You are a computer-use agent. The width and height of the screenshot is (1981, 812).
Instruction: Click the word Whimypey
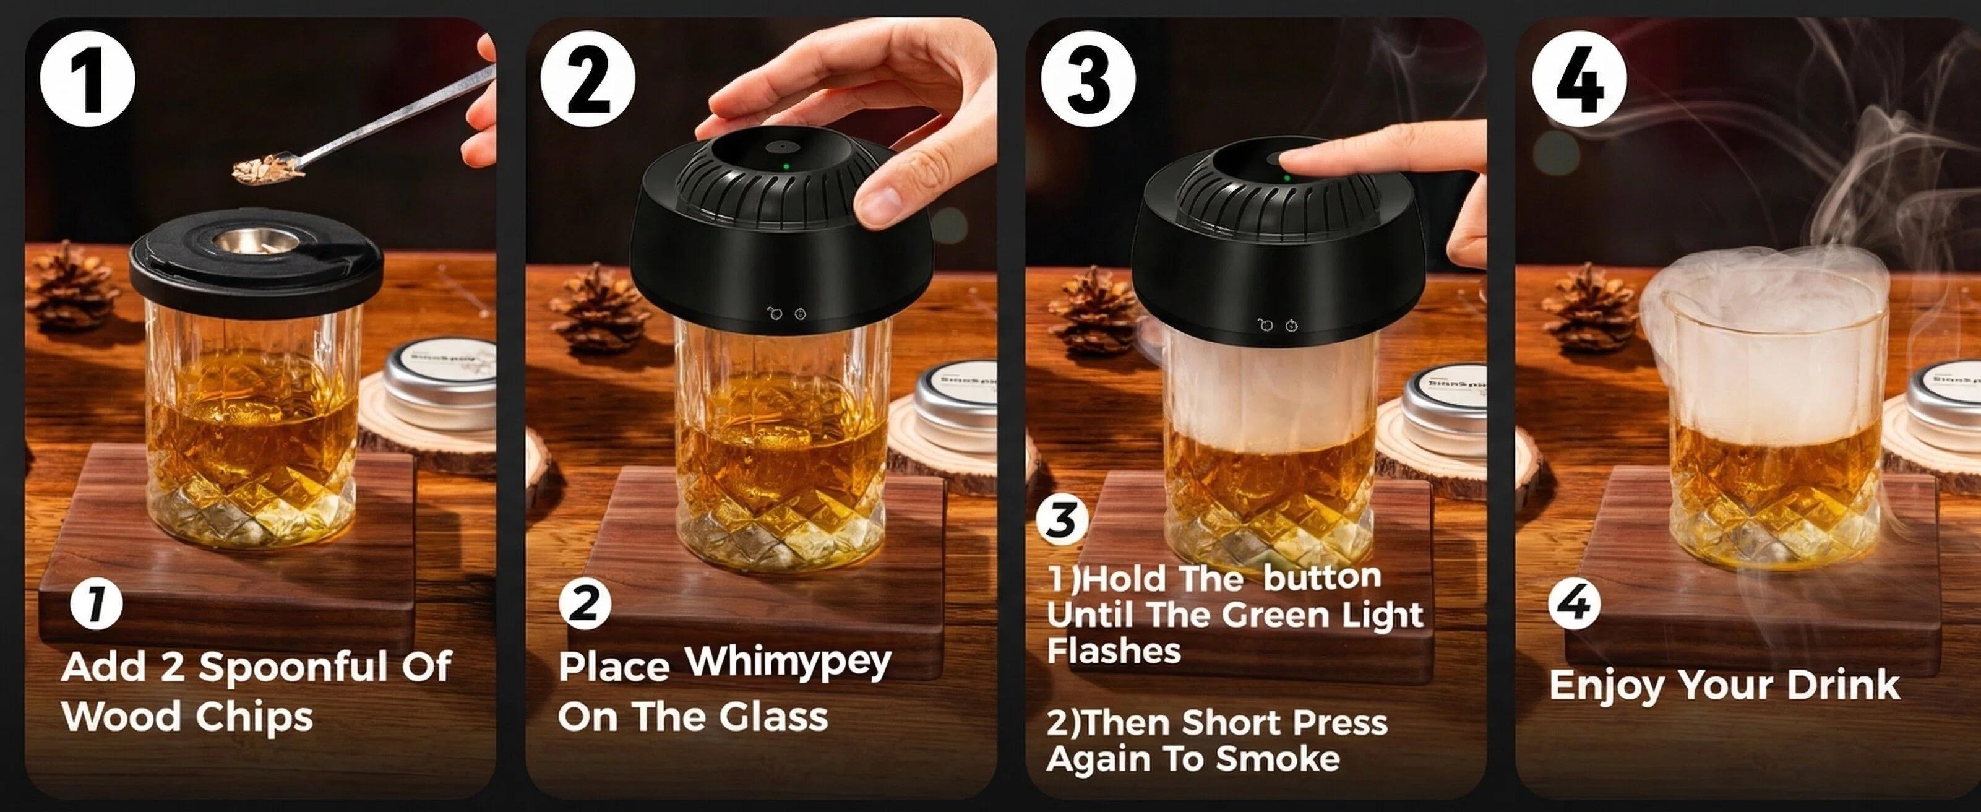788,663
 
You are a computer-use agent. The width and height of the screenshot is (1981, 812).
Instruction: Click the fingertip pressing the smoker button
1300,162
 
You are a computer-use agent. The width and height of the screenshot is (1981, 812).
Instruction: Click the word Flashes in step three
1113,651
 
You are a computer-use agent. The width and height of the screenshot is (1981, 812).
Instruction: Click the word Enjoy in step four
1605,686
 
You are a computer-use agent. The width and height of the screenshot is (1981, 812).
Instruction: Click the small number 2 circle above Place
585,603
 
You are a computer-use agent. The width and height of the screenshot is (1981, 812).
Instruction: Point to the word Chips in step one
254,717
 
